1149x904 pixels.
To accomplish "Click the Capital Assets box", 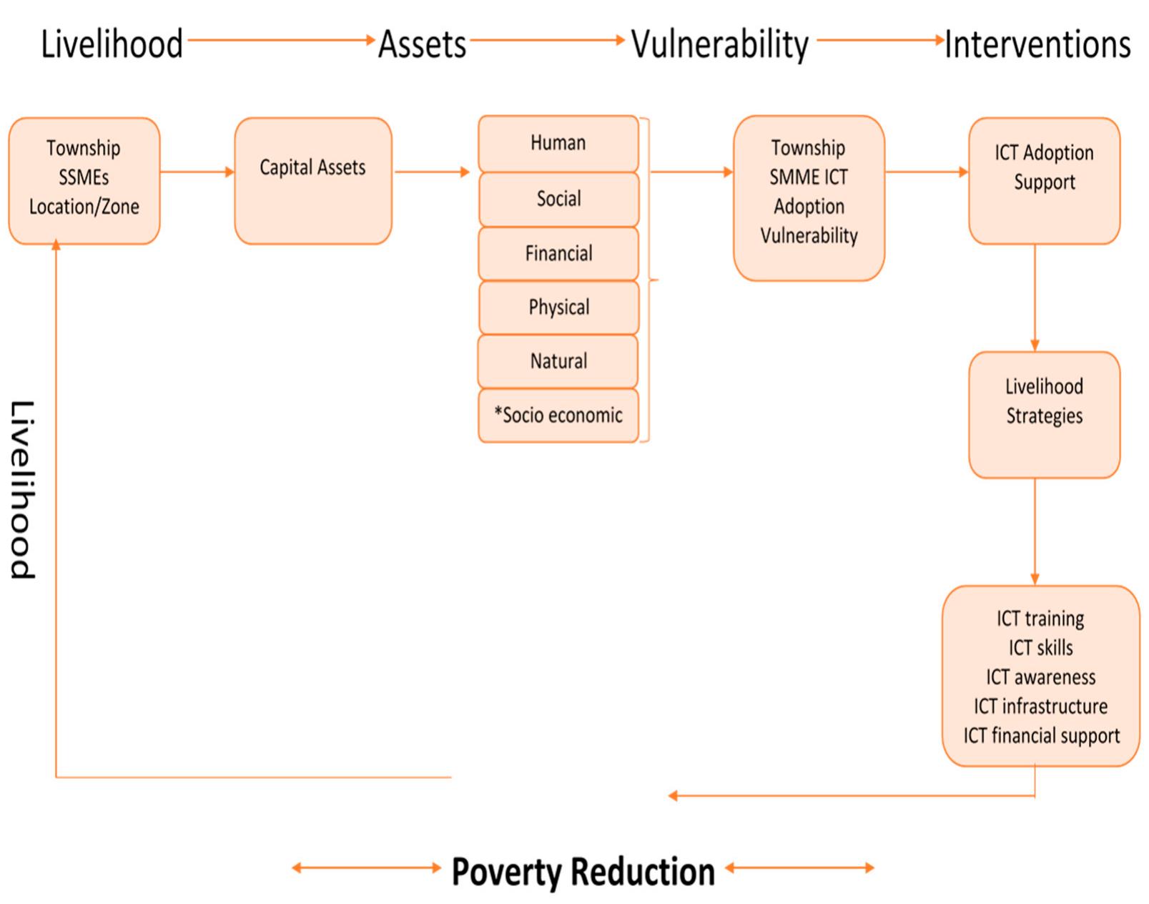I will [x=312, y=180].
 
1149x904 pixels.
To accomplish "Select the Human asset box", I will [x=558, y=143].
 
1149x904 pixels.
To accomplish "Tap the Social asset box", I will [x=558, y=199].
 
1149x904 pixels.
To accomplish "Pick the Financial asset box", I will [x=558, y=253].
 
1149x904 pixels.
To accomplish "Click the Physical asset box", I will [x=558, y=308].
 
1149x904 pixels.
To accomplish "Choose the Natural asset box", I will [x=558, y=361].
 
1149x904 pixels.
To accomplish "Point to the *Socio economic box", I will [x=558, y=416].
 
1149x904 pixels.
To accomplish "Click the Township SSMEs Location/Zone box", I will [x=84, y=180].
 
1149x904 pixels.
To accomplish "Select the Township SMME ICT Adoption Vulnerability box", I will [x=808, y=197].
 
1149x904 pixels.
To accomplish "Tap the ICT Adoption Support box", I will [x=1044, y=180].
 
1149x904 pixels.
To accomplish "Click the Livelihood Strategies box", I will [x=1044, y=414].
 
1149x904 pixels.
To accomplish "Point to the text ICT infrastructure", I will [x=1040, y=707].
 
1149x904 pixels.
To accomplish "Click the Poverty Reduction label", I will [x=583, y=872].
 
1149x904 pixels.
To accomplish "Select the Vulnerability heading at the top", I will [x=719, y=44].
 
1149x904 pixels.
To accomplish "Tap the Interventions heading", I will [x=1037, y=44].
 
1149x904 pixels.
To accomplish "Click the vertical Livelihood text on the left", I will [x=22, y=489].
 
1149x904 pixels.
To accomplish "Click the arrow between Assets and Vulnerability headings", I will [x=547, y=41].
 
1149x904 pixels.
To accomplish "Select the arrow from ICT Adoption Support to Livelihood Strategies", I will [x=1035, y=297].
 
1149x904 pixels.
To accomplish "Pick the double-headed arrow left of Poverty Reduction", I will [x=366, y=868].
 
